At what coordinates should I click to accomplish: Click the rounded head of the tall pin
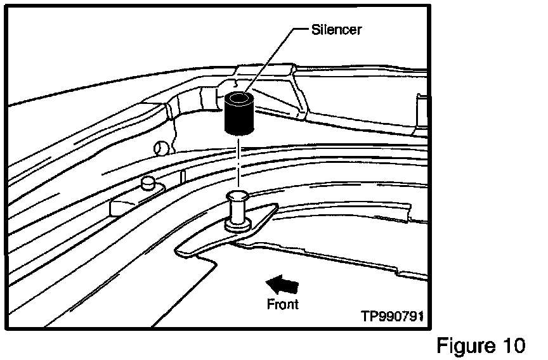(x=238, y=196)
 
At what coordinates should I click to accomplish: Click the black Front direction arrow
(x=281, y=283)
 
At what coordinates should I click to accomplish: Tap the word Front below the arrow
(x=282, y=304)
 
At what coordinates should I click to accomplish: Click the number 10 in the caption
(x=511, y=345)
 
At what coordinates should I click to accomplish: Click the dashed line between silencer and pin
(x=238, y=162)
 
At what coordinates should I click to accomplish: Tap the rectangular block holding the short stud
(x=127, y=204)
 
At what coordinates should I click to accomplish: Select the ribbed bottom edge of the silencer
(x=238, y=131)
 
